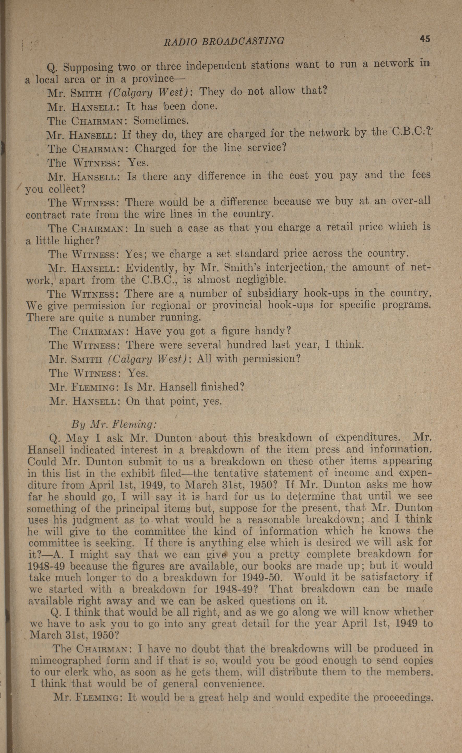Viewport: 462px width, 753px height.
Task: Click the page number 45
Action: [425, 39]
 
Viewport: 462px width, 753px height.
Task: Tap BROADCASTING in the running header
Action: [243, 41]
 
